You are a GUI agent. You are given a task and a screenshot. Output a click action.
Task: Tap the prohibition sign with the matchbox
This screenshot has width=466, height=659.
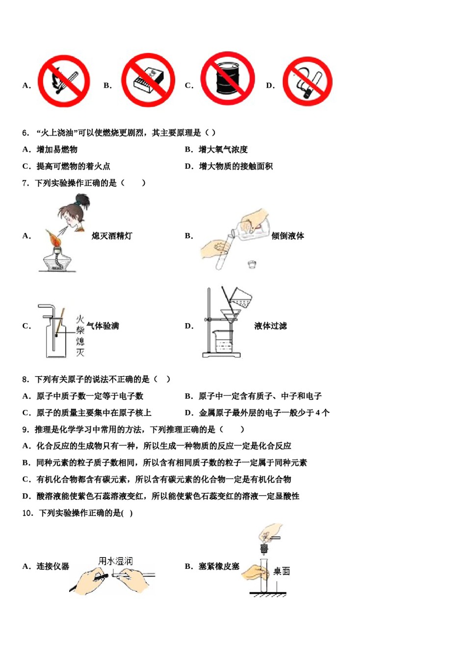click(148, 80)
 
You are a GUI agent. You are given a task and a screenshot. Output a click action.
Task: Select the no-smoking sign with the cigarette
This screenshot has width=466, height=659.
click(307, 81)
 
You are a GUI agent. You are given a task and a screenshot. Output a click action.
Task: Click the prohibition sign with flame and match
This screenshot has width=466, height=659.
click(64, 81)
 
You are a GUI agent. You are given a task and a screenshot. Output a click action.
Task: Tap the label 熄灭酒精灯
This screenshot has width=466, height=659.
click(112, 236)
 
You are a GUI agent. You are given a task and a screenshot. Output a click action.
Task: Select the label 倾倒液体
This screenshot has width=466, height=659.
click(287, 236)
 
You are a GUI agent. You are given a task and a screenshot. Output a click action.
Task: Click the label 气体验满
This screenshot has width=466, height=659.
click(103, 326)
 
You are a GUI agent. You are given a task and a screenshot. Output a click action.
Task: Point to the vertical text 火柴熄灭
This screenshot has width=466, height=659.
click(80, 336)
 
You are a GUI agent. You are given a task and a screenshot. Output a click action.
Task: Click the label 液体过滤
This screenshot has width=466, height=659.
click(270, 326)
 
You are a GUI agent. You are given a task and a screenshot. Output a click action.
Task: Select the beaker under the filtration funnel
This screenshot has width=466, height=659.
click(223, 341)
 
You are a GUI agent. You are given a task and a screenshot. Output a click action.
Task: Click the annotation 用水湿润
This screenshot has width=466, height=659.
click(115, 561)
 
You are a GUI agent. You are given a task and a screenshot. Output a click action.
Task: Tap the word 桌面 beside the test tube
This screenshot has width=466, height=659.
click(282, 571)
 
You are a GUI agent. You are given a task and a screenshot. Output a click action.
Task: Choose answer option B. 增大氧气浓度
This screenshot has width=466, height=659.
click(216, 150)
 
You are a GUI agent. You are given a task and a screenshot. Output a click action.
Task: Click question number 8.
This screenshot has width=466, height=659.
click(26, 379)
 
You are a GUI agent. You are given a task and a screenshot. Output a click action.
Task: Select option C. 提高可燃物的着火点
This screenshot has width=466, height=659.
click(66, 166)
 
